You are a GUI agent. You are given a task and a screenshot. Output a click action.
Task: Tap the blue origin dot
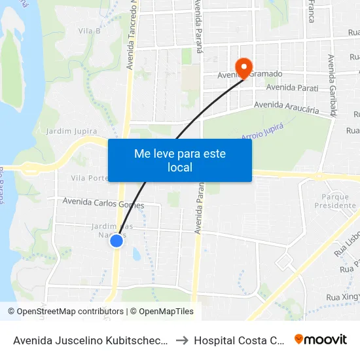(x=117, y=241)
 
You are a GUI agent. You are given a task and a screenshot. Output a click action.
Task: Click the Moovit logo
(x=321, y=339)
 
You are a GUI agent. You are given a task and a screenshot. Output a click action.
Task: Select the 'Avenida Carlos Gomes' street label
(x=103, y=203)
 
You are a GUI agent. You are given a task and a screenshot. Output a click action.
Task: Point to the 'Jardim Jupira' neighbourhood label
(x=72, y=132)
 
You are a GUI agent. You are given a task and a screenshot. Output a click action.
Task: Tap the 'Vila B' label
(x=89, y=31)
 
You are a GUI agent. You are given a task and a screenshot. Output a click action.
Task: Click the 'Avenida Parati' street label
(x=292, y=88)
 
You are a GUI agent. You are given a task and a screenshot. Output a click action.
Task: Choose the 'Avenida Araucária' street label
(x=286, y=107)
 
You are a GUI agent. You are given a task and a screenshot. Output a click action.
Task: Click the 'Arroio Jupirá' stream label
(x=262, y=131)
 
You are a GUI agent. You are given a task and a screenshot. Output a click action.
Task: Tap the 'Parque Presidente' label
(x=339, y=201)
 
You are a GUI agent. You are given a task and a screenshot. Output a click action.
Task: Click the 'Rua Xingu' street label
(x=343, y=297)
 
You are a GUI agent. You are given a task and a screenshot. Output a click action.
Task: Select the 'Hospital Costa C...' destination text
(x=240, y=340)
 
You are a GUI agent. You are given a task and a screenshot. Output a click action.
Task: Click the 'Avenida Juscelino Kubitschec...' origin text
(x=92, y=340)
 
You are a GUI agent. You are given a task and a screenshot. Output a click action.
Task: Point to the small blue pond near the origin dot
(x=136, y=253)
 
